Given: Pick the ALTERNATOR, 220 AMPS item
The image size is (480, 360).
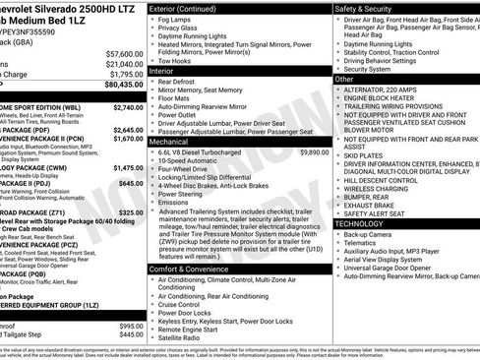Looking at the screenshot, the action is click(x=384, y=90).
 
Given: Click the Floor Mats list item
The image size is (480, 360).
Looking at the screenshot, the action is click(x=177, y=98).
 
